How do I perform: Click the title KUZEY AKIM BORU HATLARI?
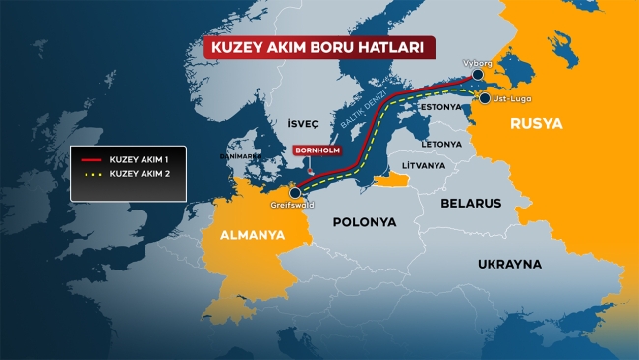tap(319, 49)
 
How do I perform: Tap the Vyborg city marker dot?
tap(477, 75)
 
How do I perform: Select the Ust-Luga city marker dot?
tap(485, 98)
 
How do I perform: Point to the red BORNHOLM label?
tap(316, 150)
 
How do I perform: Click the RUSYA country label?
tap(536, 125)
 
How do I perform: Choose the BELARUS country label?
tap(471, 203)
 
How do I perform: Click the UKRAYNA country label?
tap(509, 265)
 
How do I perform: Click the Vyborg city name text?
tap(477, 62)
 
